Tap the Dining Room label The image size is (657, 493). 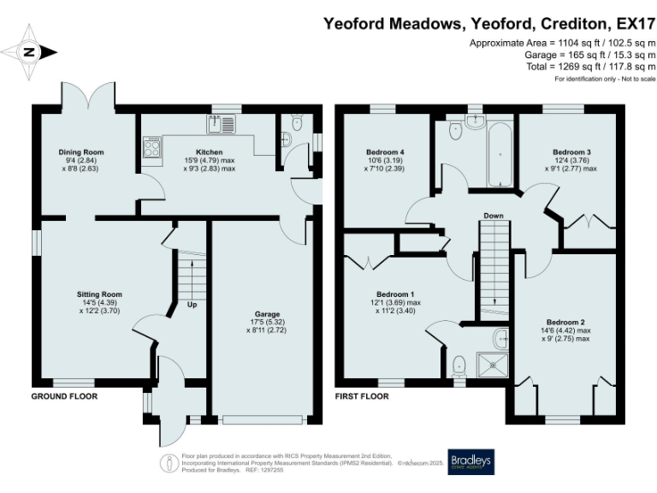click(87, 152)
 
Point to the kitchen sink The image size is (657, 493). click(224, 126)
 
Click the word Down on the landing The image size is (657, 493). click(493, 216)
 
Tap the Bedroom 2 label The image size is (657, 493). click(565, 322)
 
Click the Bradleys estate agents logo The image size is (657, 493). click(471, 462)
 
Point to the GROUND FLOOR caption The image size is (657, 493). click(64, 396)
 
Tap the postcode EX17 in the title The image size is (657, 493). click(633, 25)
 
